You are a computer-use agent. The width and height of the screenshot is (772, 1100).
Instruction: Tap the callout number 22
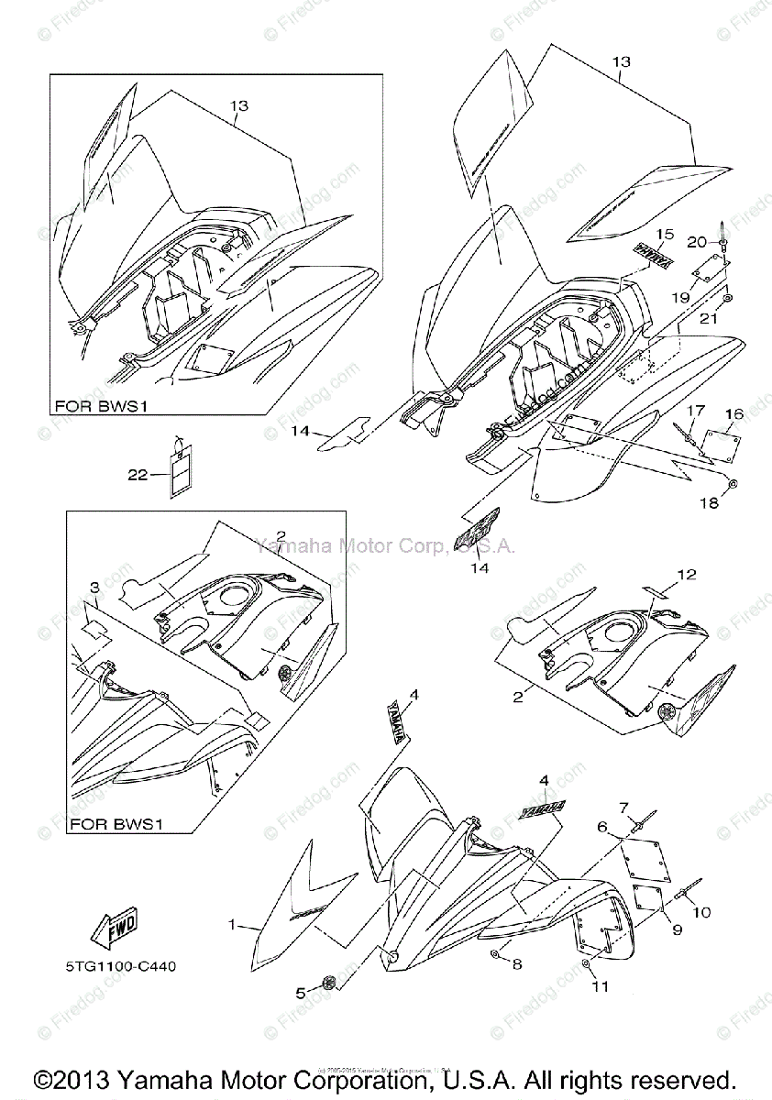[x=138, y=474]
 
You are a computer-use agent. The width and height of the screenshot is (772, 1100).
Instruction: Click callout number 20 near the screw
[x=697, y=242]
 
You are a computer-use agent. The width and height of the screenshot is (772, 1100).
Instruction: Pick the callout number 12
[x=687, y=575]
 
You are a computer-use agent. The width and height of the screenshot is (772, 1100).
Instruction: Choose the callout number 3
[x=94, y=587]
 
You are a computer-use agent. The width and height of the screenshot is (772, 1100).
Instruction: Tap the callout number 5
[x=300, y=992]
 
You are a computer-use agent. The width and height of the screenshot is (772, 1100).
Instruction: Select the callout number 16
[x=734, y=414]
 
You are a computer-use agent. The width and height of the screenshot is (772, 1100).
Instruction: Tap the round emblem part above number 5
[x=328, y=984]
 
